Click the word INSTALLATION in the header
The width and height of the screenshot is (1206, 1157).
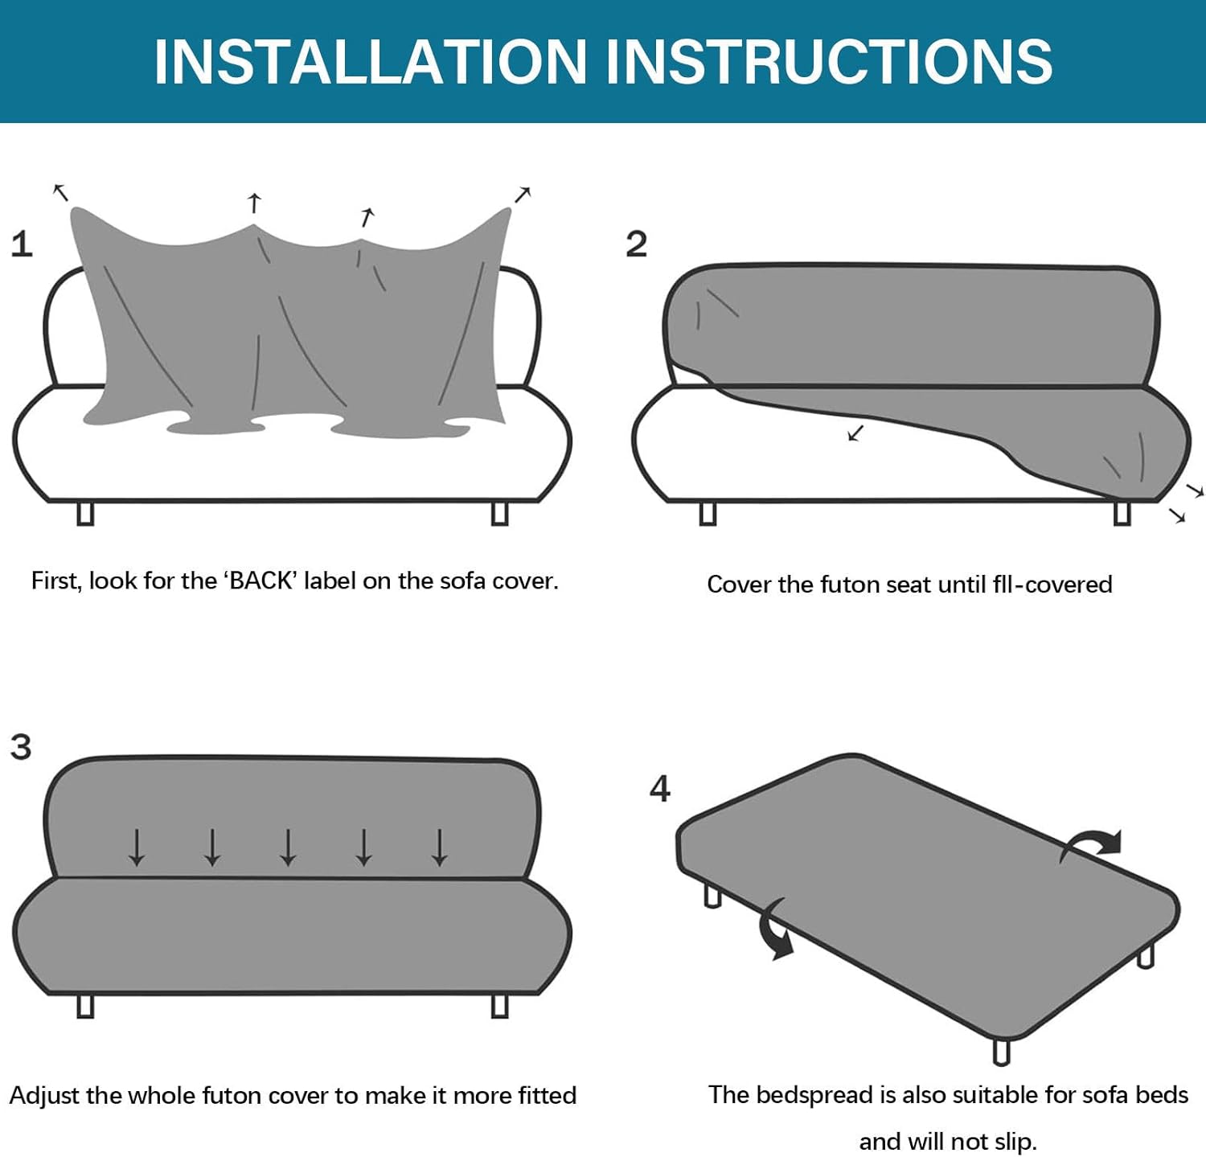(371, 61)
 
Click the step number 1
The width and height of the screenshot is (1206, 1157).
(22, 244)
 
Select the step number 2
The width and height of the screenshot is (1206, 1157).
(636, 244)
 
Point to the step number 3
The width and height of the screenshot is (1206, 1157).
(21, 746)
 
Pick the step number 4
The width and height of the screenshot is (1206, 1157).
(659, 789)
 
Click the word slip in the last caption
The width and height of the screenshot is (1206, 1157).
(1012, 1141)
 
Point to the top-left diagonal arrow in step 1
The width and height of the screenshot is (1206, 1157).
(60, 192)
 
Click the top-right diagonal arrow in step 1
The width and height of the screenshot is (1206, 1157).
(523, 195)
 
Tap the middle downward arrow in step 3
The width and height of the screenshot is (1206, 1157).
(288, 847)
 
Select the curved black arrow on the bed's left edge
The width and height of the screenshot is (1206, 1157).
(776, 930)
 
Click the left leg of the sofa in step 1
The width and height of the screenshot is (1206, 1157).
(85, 513)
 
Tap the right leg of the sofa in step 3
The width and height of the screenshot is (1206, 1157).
(499, 1005)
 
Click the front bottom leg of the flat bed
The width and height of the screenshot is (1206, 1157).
(1001, 1051)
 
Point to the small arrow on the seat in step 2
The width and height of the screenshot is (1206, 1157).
(855, 433)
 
